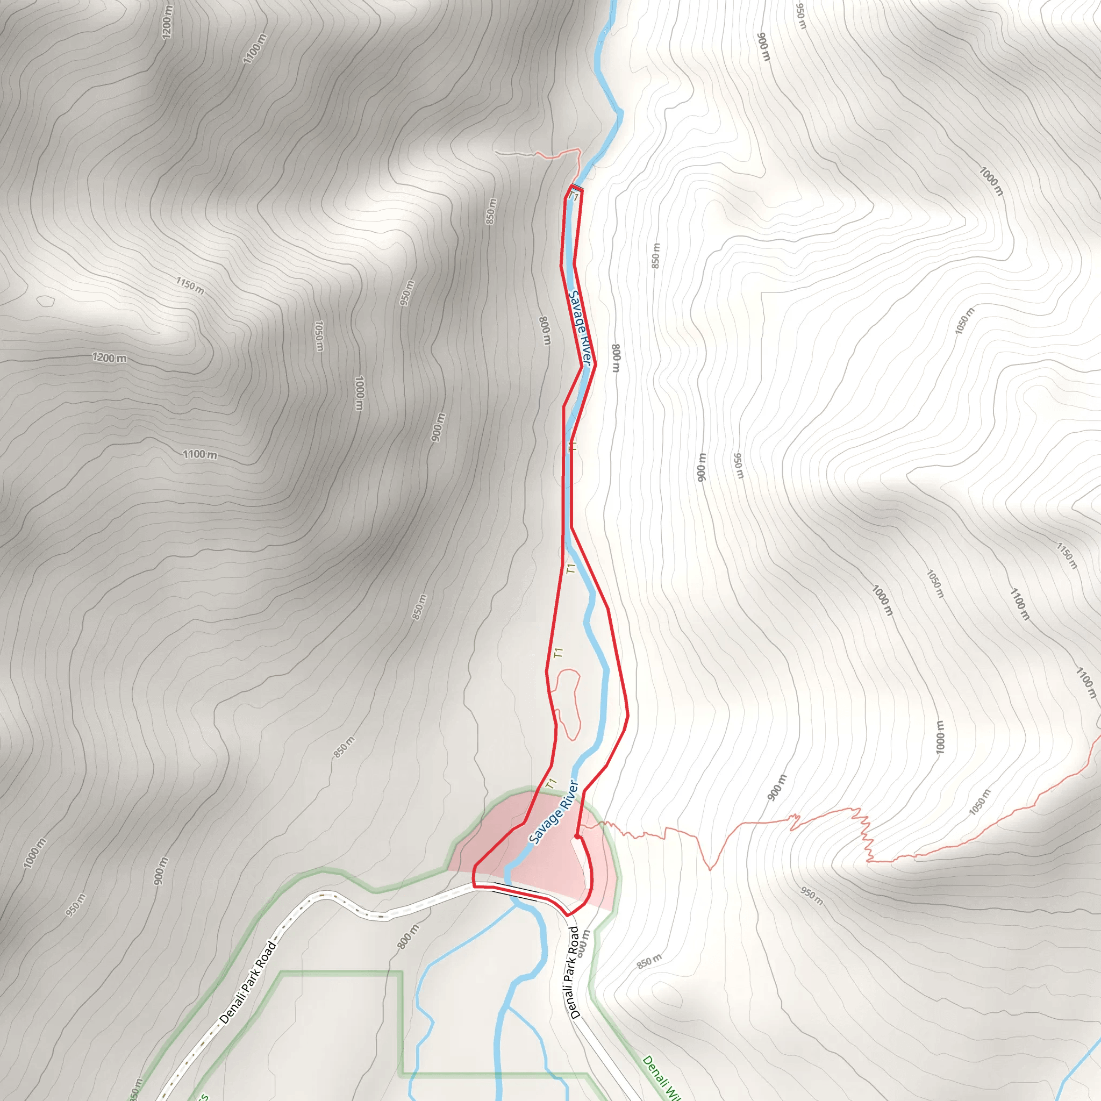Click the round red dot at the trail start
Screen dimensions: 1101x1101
(577, 837)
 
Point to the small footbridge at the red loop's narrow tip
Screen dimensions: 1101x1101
(577, 188)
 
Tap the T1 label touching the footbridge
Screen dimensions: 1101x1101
(574, 198)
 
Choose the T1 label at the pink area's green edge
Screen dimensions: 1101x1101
(550, 784)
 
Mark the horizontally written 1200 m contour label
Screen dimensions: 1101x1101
(110, 358)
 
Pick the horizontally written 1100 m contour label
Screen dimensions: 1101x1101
(199, 454)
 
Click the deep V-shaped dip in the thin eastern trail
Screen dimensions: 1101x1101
(710, 869)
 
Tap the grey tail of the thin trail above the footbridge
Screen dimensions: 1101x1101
(513, 153)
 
